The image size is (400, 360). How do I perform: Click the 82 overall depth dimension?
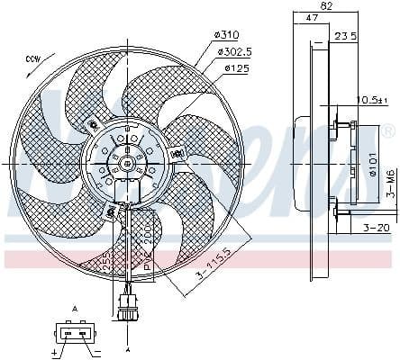click(327, 6)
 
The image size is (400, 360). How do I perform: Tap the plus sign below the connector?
click(56, 354)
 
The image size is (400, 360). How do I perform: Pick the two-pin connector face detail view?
click(75, 333)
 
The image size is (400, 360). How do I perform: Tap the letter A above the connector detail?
click(76, 309)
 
